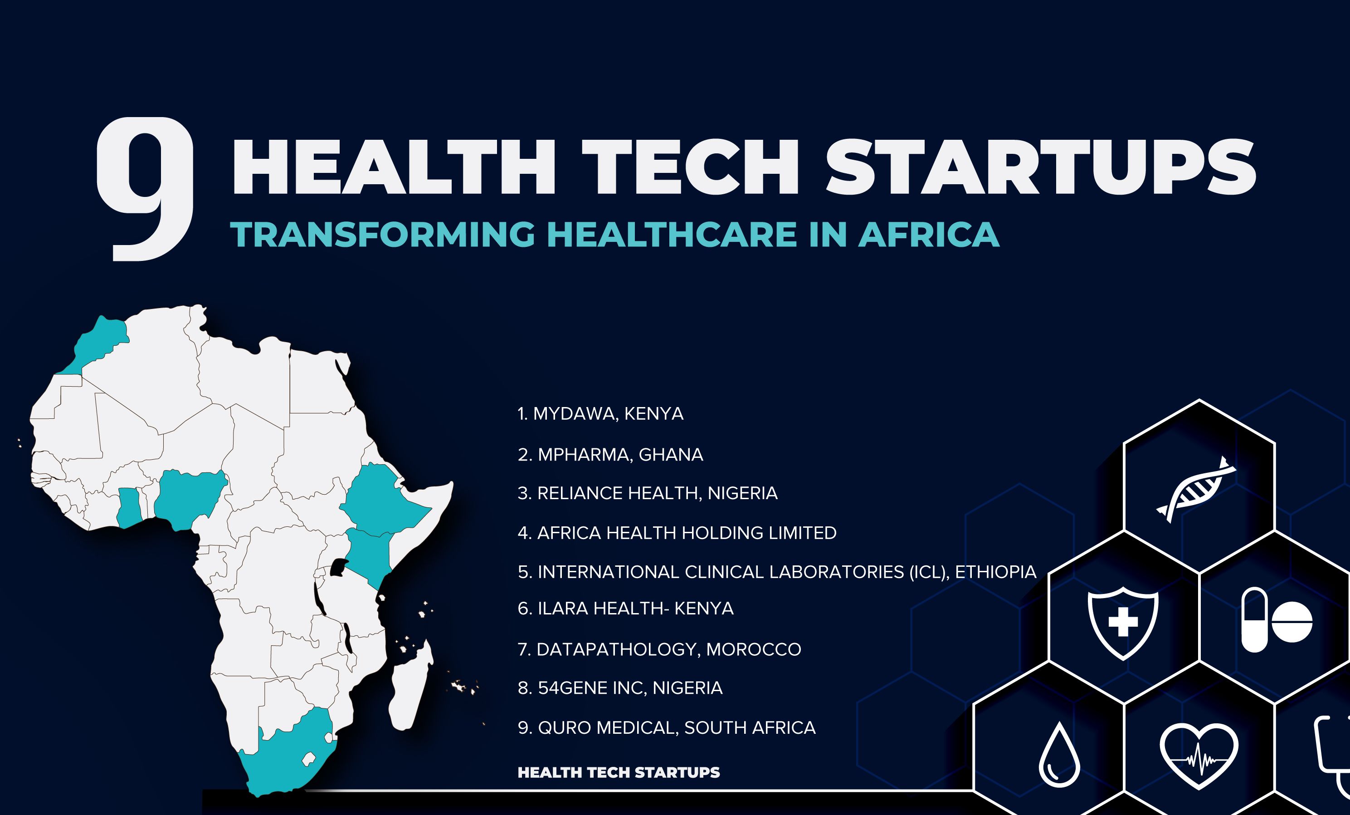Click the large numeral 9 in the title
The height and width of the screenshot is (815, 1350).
pos(145,189)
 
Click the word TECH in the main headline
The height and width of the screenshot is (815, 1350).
pos(690,167)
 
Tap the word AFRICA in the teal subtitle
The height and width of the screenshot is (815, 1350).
pos(929,234)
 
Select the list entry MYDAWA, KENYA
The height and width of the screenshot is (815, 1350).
pos(600,414)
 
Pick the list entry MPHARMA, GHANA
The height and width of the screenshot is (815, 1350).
pos(610,455)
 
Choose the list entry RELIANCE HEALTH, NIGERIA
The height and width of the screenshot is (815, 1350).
pos(648,493)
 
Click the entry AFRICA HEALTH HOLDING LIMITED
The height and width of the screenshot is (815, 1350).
pos(677,533)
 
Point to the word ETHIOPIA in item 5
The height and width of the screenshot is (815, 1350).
pos(995,572)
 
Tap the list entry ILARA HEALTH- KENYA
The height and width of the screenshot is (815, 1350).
pos(626,609)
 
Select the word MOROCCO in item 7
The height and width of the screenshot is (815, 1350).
pos(753,649)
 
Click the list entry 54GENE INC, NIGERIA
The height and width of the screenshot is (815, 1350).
pos(620,688)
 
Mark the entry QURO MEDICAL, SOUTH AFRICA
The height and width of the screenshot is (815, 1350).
pos(667,728)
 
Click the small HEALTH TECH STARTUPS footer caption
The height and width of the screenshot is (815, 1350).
pos(619,772)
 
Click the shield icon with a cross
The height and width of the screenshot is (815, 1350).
pos(1123,623)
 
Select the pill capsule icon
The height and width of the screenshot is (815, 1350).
pos(1254,620)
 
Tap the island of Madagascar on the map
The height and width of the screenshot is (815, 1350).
pos(410,685)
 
